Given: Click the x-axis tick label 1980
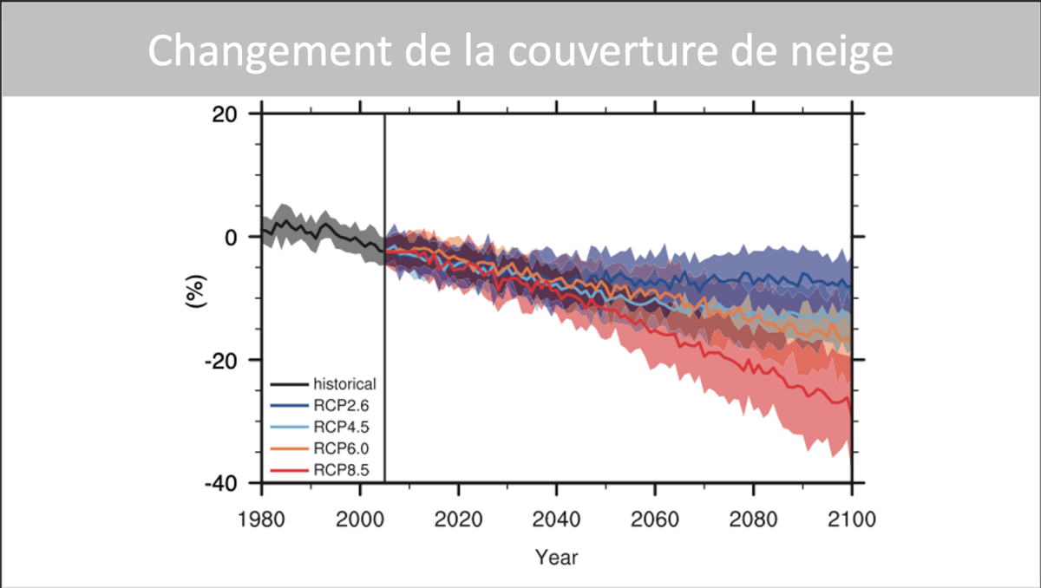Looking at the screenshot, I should [261, 520].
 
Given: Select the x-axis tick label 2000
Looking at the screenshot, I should [359, 520].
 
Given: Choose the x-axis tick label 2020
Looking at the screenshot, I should [458, 520].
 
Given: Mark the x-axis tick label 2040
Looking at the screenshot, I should [556, 520].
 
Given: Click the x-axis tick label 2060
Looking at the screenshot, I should [655, 520].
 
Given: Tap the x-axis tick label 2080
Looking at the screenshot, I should [753, 520].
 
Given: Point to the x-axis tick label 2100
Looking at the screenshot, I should [852, 520].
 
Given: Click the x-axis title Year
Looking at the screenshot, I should [556, 557].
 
